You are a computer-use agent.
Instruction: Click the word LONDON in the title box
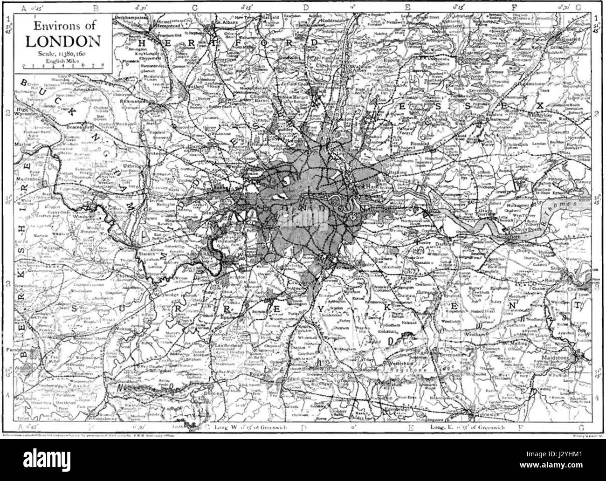coord(62,41)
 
